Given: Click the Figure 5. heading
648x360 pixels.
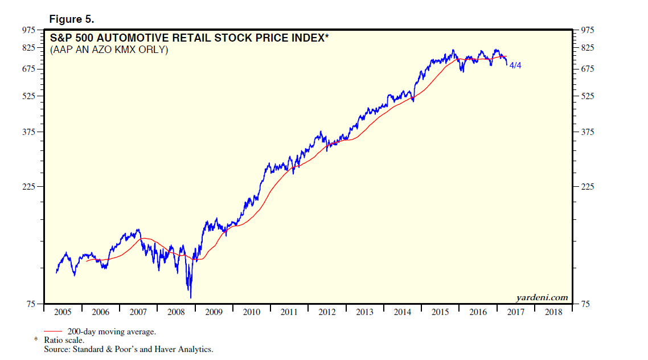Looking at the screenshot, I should point(71,19).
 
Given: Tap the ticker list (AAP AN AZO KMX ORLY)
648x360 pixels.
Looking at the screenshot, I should point(109,50).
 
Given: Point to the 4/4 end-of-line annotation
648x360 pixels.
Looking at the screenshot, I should point(515,66).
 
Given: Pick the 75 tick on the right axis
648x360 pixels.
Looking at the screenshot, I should point(585,304).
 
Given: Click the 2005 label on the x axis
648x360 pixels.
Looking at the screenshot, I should point(62,312).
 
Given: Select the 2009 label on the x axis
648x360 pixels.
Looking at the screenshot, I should point(214,312).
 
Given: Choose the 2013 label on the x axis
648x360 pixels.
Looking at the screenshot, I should point(364,312).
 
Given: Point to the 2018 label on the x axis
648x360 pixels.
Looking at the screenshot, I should point(553,312).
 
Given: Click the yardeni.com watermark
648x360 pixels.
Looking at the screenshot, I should point(542,297).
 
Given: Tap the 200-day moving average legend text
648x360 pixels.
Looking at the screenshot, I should point(112,332).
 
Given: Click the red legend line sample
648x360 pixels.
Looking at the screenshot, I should point(53,331).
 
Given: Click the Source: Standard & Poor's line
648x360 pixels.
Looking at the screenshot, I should point(129,349).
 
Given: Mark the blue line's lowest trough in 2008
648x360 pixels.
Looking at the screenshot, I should point(190,297).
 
